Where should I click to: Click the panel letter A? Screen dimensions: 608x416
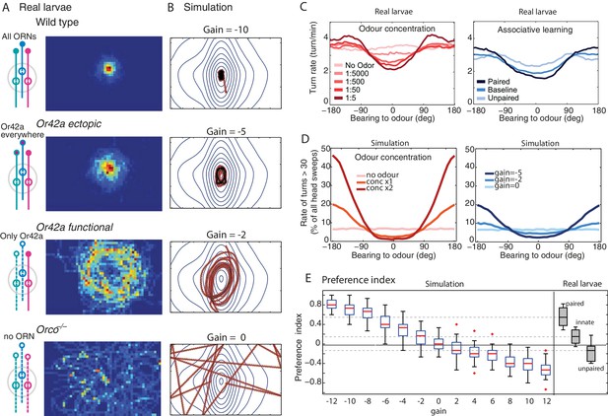[x=6, y=7]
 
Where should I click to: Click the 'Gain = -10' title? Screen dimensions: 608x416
[x=226, y=30]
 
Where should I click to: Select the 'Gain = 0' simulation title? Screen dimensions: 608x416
[x=226, y=337]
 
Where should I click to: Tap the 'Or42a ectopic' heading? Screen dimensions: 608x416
[x=69, y=124]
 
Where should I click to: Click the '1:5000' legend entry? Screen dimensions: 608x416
[x=357, y=73]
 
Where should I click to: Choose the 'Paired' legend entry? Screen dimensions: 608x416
[x=499, y=82]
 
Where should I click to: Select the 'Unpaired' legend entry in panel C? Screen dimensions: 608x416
[x=503, y=98]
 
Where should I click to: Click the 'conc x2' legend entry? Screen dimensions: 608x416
[x=380, y=188]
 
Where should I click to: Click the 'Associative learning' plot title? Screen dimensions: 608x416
[x=535, y=30]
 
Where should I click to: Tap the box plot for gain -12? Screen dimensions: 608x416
[x=332, y=304]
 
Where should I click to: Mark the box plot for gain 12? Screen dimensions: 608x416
[x=546, y=370]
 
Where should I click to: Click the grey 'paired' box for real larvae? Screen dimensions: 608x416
[x=563, y=316]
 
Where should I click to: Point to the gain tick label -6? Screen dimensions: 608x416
[x=384, y=401]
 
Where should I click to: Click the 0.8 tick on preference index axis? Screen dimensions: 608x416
[x=315, y=305]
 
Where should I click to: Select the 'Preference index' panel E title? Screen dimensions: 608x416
[x=359, y=279]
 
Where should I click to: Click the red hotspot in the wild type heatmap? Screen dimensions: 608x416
[x=109, y=69]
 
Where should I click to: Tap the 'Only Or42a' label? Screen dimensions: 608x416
[x=22, y=236]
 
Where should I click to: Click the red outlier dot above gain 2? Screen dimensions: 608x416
[x=457, y=324]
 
